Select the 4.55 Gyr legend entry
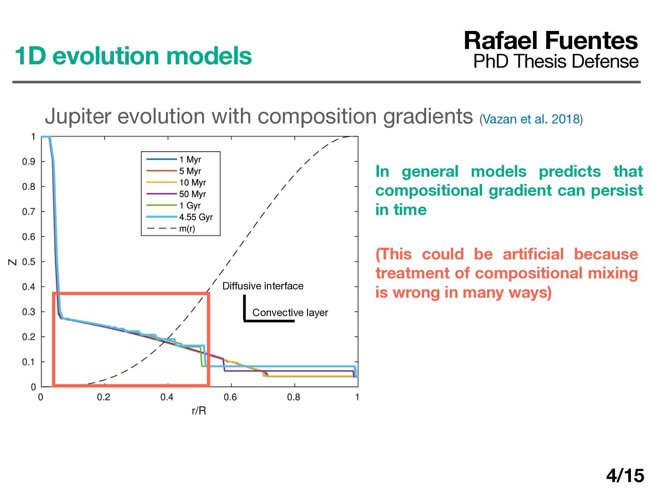pyautogui.click(x=179, y=217)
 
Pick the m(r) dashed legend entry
pyautogui.click(x=171, y=228)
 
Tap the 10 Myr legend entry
pyautogui.click(x=176, y=182)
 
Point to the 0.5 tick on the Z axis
pyautogui.click(x=29, y=262)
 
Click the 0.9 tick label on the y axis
pyautogui.click(x=29, y=161)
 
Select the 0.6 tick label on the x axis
pyautogui.click(x=230, y=397)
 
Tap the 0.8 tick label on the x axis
pyautogui.click(x=294, y=397)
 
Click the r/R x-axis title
pyautogui.click(x=199, y=411)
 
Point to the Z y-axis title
pyautogui.click(x=13, y=262)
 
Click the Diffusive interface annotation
pyautogui.click(x=263, y=286)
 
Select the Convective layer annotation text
pyautogui.click(x=290, y=312)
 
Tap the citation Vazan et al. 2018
pyautogui.click(x=531, y=119)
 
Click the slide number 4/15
pyautogui.click(x=625, y=475)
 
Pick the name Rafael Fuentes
pyautogui.click(x=551, y=40)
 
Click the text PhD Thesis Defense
pyautogui.click(x=556, y=61)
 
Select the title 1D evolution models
pyautogui.click(x=133, y=56)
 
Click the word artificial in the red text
pyautogui.click(x=533, y=254)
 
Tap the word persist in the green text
pyautogui.click(x=617, y=191)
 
